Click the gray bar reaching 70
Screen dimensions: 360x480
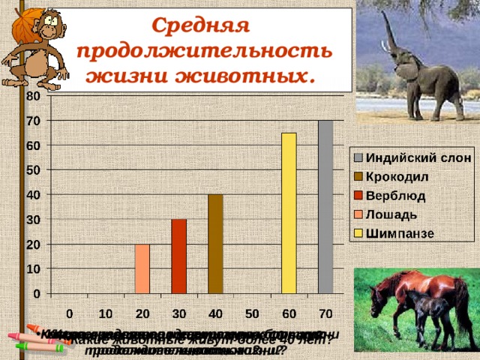point(325,206)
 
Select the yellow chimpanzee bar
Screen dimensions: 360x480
point(289,213)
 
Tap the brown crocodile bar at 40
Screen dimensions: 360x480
point(215,244)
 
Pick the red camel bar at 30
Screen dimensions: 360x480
point(178,256)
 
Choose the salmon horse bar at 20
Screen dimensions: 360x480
point(142,268)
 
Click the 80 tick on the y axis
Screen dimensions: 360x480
point(33,96)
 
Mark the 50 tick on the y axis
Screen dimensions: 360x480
point(33,170)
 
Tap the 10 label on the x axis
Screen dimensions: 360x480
point(106,312)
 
